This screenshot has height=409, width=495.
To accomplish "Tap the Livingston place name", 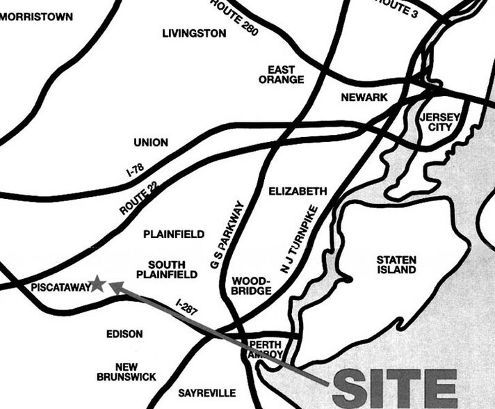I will click(x=194, y=33).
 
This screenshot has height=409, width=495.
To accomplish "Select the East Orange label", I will click(x=282, y=74).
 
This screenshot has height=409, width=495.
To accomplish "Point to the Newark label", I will click(x=364, y=97).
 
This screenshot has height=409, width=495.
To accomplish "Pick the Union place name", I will click(x=151, y=143).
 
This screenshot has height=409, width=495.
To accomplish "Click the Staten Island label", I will click(x=397, y=264).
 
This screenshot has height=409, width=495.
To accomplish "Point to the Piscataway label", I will click(x=60, y=287).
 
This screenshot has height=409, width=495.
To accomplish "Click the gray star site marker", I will click(x=98, y=283).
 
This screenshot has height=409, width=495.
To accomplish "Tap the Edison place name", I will click(x=124, y=334).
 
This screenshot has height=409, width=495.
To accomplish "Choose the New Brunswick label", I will click(x=127, y=371).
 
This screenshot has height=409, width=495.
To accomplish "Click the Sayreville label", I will click(x=206, y=392).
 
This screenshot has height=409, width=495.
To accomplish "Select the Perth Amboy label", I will click(x=266, y=350).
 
